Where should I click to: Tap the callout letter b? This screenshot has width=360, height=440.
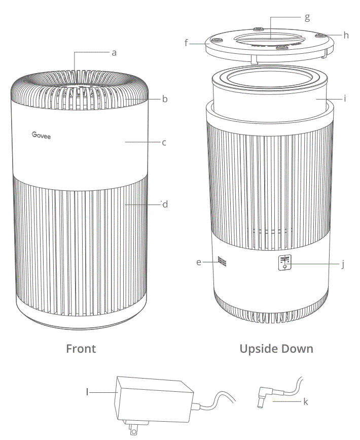pyautogui.click(x=165, y=99)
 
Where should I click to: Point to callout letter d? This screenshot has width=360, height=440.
pyautogui.click(x=164, y=205)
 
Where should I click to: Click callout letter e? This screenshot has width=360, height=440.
pyautogui.click(x=199, y=262)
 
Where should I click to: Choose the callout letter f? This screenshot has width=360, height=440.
pyautogui.click(x=187, y=44)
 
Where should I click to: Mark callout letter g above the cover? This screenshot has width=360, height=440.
pyautogui.click(x=307, y=17)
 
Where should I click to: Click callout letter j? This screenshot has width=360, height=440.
pyautogui.click(x=343, y=264)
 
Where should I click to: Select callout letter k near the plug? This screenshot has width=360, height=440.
pyautogui.click(x=305, y=402)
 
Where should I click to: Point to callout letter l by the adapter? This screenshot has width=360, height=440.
pyautogui.click(x=87, y=392)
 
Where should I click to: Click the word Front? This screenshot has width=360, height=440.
pyautogui.click(x=81, y=349)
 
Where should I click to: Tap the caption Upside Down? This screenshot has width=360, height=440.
pyautogui.click(x=276, y=349)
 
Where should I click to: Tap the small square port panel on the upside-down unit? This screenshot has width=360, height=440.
pyautogui.click(x=284, y=263)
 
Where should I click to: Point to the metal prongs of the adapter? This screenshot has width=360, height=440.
pyautogui.click(x=133, y=429)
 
